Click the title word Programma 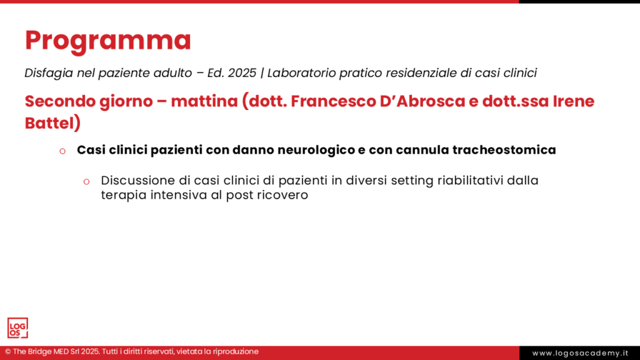[107, 41]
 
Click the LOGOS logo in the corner [17, 327]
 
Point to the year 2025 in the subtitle [242, 73]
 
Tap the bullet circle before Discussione [87, 181]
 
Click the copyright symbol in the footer [8, 352]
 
